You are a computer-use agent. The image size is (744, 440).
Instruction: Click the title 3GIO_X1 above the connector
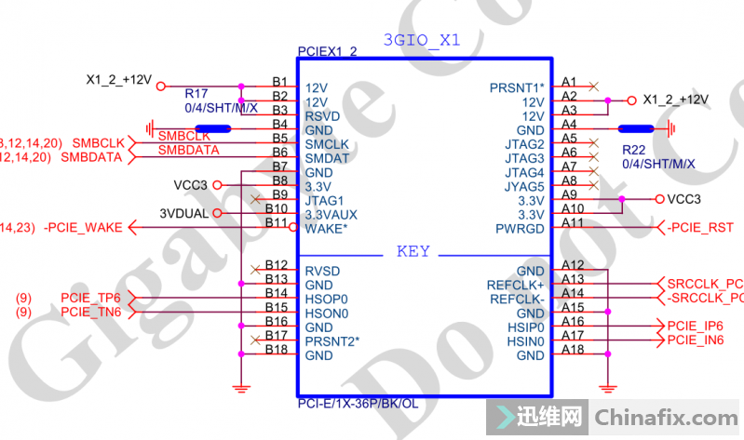[x=422, y=40]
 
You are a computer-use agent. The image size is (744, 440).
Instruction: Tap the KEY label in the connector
[x=413, y=251]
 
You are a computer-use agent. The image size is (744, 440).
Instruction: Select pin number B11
[x=276, y=222]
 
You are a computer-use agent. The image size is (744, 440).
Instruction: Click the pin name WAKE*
[x=326, y=228]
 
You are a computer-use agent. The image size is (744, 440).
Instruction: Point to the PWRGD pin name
[x=520, y=228]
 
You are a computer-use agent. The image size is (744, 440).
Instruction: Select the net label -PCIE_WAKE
[x=82, y=228]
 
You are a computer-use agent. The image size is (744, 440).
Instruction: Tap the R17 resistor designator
[x=196, y=94]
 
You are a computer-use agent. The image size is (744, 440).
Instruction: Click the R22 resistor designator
[x=633, y=150]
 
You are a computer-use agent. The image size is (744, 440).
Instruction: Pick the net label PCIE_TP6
[x=91, y=298]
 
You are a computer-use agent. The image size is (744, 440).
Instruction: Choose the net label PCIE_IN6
[x=696, y=340]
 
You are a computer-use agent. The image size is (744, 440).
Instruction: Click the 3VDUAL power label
[x=185, y=213]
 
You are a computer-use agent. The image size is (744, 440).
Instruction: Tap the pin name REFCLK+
[x=515, y=285]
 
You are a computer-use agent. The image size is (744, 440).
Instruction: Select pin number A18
[x=573, y=349]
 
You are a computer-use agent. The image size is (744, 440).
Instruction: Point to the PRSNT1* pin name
[x=517, y=88]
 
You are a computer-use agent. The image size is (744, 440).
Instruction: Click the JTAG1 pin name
[x=325, y=200]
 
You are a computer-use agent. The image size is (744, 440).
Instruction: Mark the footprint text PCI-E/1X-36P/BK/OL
[x=358, y=404]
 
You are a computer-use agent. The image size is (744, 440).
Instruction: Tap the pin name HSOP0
[x=326, y=300]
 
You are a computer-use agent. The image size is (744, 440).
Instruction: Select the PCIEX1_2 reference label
[x=327, y=52]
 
